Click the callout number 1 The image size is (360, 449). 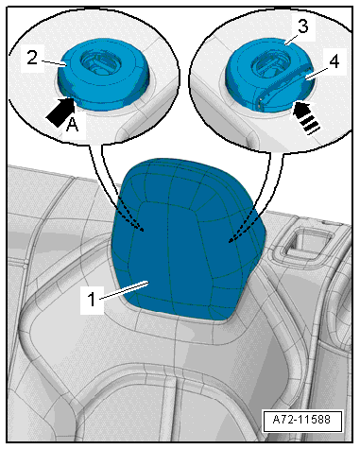pyautogui.click(x=92, y=299)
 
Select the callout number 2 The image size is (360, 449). pyautogui.click(x=32, y=58)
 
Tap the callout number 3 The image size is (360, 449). pyautogui.click(x=302, y=26)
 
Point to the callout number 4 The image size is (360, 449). pyautogui.click(x=334, y=61)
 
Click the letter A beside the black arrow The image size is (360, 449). pyautogui.click(x=73, y=126)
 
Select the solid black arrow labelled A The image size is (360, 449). pyautogui.click(x=60, y=112)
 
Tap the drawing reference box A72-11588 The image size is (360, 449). pyautogui.click(x=302, y=420)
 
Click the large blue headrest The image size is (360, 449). pyautogui.click(x=188, y=239)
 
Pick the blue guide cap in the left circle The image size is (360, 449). pyautogui.click(x=103, y=75)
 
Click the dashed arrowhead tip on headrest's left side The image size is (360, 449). pyautogui.click(x=144, y=231)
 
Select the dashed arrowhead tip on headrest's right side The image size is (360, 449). pyautogui.click(x=230, y=242)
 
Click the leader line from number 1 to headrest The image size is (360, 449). pyautogui.click(x=124, y=290)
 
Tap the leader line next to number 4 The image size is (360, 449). pyautogui.click(x=317, y=72)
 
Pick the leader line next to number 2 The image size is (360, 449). pyautogui.click(x=53, y=62)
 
